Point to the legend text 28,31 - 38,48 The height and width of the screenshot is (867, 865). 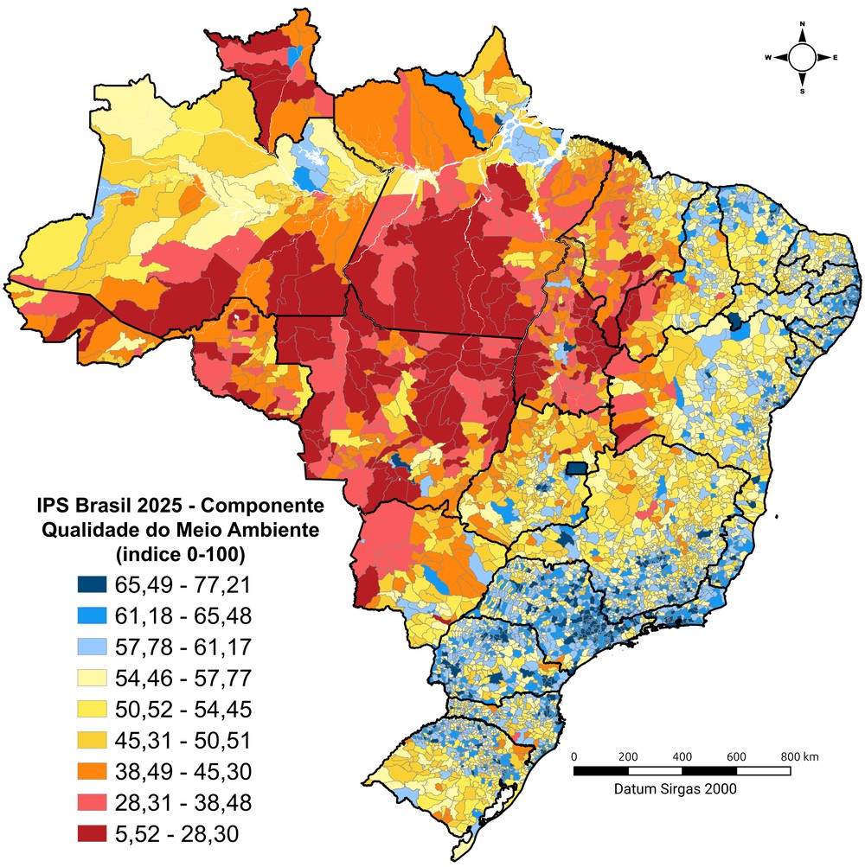point(183,802)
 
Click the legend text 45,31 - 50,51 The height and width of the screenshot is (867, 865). point(183,741)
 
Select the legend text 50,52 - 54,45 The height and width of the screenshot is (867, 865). point(183,710)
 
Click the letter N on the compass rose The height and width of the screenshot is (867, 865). point(803,24)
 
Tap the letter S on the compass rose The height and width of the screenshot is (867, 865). point(803,91)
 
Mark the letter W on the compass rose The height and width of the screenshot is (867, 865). point(768,58)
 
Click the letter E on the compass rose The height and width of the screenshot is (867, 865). point(836,58)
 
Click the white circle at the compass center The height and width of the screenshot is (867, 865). point(802,58)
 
